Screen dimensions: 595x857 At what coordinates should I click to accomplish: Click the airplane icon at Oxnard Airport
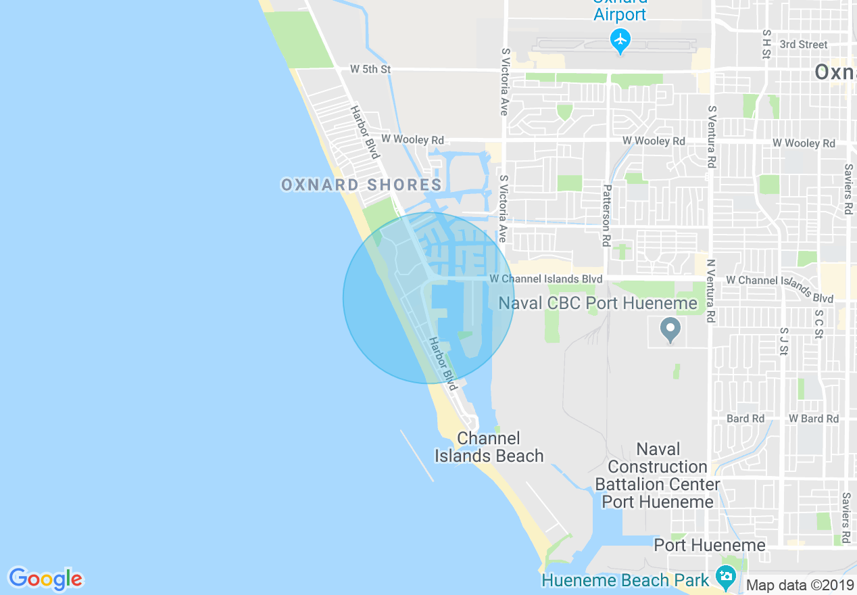click(620, 41)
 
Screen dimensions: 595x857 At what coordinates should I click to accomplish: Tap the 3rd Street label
click(803, 45)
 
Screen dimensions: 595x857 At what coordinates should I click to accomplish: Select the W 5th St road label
click(370, 69)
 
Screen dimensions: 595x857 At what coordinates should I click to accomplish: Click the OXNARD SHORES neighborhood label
click(362, 185)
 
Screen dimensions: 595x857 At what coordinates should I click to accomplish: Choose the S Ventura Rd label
click(711, 137)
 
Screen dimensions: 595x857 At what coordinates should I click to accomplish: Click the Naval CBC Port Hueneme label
click(597, 304)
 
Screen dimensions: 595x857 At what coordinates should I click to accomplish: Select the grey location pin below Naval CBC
click(670, 330)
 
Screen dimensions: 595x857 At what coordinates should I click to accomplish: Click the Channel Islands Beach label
click(489, 448)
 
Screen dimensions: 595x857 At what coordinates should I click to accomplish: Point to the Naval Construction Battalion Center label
click(657, 475)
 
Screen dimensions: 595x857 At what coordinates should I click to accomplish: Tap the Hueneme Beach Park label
click(625, 580)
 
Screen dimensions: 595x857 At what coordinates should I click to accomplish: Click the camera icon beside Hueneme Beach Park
click(726, 577)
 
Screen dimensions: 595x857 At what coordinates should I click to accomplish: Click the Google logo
click(45, 579)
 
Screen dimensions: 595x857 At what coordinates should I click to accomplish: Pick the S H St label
click(766, 43)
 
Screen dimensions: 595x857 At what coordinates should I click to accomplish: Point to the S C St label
click(819, 324)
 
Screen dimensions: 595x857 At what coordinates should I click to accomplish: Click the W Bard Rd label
click(813, 419)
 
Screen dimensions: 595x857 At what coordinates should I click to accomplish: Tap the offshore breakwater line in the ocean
click(417, 456)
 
